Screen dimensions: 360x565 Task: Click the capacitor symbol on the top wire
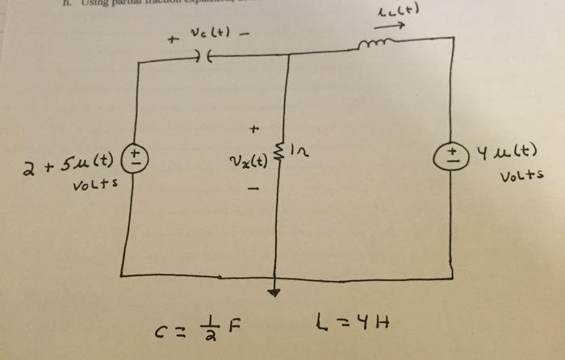click(203, 57)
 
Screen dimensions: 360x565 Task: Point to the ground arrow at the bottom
click(276, 293)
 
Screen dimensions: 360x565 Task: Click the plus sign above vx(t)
click(256, 128)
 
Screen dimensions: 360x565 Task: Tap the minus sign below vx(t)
click(253, 190)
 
